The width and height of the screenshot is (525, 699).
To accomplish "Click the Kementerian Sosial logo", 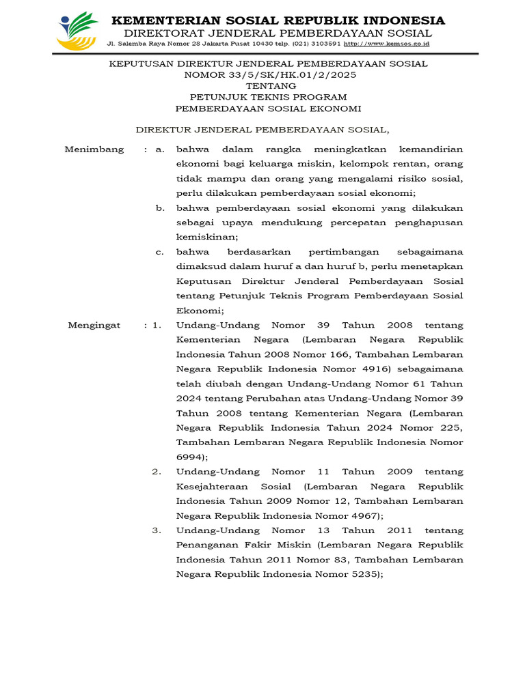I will [x=78, y=31].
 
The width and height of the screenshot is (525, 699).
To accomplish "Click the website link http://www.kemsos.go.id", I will [x=386, y=43].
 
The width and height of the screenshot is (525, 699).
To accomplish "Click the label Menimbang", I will [x=94, y=149].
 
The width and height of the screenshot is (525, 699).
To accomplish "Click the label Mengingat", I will [x=94, y=325].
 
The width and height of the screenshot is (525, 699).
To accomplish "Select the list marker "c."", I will [x=160, y=252].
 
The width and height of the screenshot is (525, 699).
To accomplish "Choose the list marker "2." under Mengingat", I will [x=157, y=472].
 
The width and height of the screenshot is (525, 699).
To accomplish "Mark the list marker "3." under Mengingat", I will [x=157, y=530].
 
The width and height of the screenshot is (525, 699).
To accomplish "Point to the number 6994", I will [x=190, y=457].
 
